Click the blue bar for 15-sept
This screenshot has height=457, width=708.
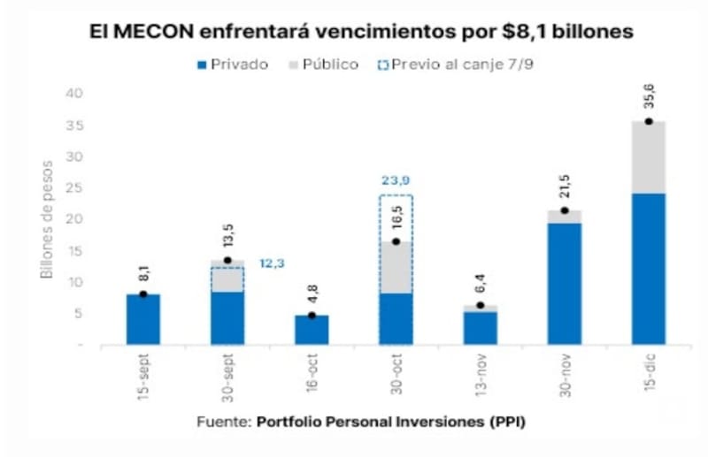[x=143, y=319]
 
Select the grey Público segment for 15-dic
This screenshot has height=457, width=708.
[x=649, y=157]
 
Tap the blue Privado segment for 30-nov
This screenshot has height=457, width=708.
[x=565, y=284]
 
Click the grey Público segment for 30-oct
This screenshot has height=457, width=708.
[x=396, y=268]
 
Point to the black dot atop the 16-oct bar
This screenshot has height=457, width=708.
[x=312, y=316]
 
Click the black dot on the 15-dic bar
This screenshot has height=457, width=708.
[x=649, y=121]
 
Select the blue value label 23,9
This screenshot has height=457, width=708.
[x=396, y=180]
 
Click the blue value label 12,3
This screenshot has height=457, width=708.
[x=272, y=263]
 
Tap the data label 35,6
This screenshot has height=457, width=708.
[x=649, y=95]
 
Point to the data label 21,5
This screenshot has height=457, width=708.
[x=565, y=187]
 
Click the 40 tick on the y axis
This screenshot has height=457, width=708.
[x=74, y=94]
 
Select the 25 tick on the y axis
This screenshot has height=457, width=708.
[x=74, y=187]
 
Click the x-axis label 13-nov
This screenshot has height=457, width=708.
[x=481, y=376]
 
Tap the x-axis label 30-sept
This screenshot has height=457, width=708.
[x=227, y=378]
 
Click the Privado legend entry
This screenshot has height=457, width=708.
[x=233, y=65]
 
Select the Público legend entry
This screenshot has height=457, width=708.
[x=324, y=65]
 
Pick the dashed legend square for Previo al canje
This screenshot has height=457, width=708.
[x=383, y=65]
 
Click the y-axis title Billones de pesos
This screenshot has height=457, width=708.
[x=47, y=220]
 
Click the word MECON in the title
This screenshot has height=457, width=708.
[x=154, y=32]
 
